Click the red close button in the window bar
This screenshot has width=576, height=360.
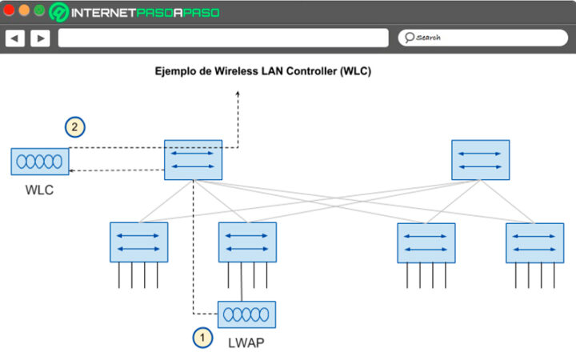click(x=10, y=11)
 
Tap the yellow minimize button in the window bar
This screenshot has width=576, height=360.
click(x=24, y=11)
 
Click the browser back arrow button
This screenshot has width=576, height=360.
click(x=15, y=38)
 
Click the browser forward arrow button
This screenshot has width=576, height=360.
click(x=40, y=38)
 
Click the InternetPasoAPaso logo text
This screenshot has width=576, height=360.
click(x=144, y=13)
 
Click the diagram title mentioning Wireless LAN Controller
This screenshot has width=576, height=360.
click(x=262, y=71)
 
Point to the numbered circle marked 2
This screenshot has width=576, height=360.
click(x=74, y=126)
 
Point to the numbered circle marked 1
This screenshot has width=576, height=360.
click(x=202, y=338)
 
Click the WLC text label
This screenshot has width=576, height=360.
click(x=39, y=191)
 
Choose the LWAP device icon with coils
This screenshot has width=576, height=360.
click(x=247, y=314)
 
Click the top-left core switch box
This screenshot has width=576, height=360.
click(x=193, y=159)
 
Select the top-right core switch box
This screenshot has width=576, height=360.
click(x=480, y=159)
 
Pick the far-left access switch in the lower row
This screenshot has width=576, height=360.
click(x=139, y=242)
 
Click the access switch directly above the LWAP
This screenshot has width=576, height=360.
click(x=247, y=242)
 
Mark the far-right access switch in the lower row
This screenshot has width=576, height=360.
click(x=534, y=242)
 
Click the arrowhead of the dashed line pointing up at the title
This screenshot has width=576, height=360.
click(x=238, y=94)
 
